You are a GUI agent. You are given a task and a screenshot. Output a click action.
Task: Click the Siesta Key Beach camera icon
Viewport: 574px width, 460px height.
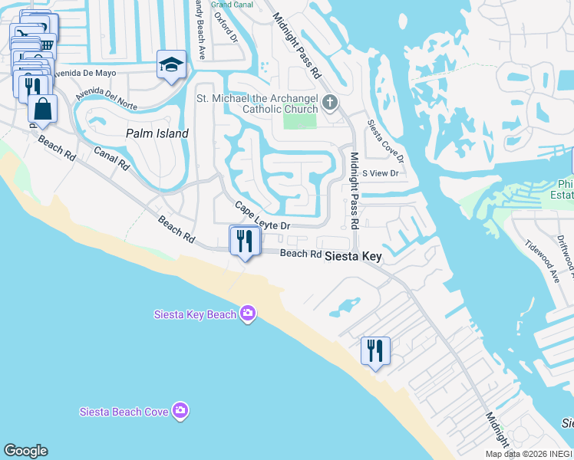(x=248, y=313)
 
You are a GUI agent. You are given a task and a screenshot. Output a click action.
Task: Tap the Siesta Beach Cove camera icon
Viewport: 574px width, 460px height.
(x=180, y=411)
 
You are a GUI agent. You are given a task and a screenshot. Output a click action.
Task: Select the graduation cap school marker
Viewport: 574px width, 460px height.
(x=171, y=65)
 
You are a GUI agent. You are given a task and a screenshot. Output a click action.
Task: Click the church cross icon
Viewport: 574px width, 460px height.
(x=330, y=103)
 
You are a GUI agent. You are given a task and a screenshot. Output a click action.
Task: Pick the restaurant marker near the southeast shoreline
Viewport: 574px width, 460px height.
(x=375, y=352)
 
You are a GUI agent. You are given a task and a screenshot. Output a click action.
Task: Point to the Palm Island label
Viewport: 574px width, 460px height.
(x=157, y=133)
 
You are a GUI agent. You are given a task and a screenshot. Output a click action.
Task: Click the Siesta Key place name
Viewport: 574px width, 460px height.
(x=352, y=257)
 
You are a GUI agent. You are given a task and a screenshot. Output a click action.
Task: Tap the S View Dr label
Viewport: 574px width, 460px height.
(x=381, y=173)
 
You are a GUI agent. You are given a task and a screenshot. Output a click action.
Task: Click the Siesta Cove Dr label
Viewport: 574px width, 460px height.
(x=385, y=142)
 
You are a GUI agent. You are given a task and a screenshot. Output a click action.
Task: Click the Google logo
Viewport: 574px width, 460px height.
(x=25, y=451)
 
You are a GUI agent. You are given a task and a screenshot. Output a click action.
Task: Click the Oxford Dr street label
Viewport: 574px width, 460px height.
(x=223, y=27)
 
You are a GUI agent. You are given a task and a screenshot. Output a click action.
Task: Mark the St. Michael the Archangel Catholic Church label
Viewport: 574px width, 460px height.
(x=257, y=103)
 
